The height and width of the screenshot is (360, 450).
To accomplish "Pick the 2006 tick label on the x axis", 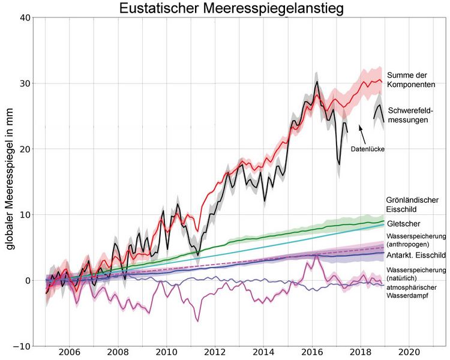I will pos(68,353).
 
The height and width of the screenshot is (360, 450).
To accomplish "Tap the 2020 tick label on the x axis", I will pos(409,353).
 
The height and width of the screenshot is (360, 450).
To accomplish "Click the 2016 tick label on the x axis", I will pos(312,353).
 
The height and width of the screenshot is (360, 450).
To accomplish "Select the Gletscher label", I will pos(403,224).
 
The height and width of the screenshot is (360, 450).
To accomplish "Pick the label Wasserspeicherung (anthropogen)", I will pos(415,240).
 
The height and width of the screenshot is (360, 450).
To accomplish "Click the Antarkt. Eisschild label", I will pos(415,254).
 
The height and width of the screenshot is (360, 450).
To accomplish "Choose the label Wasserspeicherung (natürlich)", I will pos(415,275).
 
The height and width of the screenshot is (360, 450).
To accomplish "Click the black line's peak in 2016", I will pos(317,82).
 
